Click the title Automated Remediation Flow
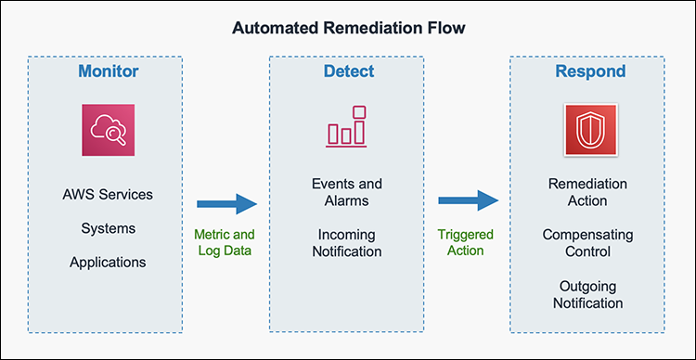tap(348, 27)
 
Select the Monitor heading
tap(108, 71)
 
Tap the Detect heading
tap(347, 71)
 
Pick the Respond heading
tap(589, 71)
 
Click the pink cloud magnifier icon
tap(108, 131)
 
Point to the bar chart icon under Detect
tap(346, 128)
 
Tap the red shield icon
tap(589, 131)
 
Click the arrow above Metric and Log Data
tap(226, 203)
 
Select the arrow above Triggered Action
tap(469, 203)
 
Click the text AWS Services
tap(108, 195)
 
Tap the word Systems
tap(108, 228)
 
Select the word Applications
tap(108, 262)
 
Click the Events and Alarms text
tap(346, 192)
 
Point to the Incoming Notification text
tap(346, 242)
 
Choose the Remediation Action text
tap(587, 192)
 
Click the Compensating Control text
tap(587, 242)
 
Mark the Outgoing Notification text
tap(587, 294)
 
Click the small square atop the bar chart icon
tap(359, 113)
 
